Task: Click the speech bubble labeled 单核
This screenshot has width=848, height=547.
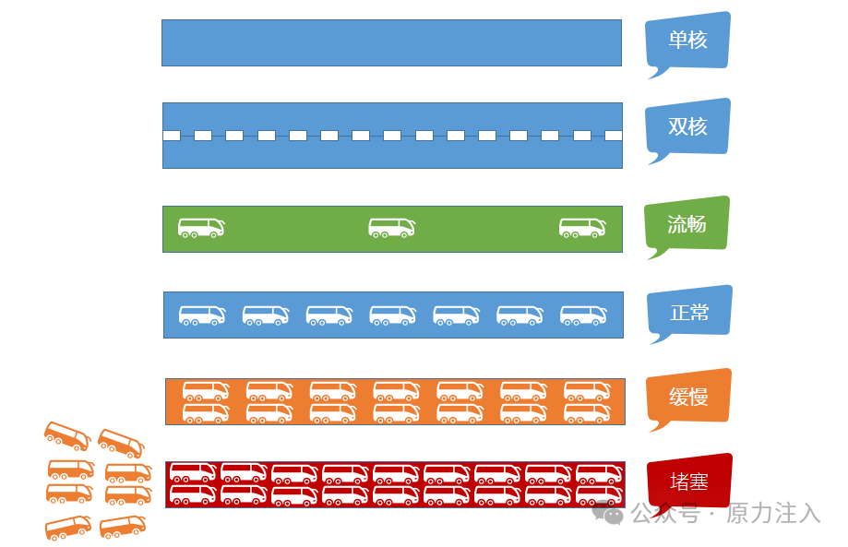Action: pyautogui.click(x=688, y=41)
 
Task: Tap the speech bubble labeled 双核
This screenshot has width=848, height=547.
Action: pyautogui.click(x=688, y=126)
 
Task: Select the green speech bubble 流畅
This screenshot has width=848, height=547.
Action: pyautogui.click(x=687, y=223)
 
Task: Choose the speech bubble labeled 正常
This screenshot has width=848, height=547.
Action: pyautogui.click(x=689, y=312)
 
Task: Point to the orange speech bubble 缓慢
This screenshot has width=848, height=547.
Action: pyautogui.click(x=688, y=397)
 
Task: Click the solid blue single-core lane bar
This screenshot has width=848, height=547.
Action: pyautogui.click(x=391, y=42)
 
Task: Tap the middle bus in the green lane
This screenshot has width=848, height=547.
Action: pyautogui.click(x=391, y=227)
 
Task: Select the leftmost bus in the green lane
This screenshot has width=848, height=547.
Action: pyautogui.click(x=201, y=227)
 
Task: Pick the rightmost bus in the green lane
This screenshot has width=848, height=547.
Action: pyautogui.click(x=582, y=227)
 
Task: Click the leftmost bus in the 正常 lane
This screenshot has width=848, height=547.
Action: pyautogui.click(x=202, y=315)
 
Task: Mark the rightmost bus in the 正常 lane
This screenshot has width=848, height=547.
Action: pyautogui.click(x=583, y=315)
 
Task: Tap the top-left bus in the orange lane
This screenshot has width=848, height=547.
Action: pyautogui.click(x=206, y=390)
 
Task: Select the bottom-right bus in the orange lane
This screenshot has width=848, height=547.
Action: pyautogui.click(x=587, y=412)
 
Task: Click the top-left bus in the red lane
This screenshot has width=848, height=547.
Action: pyautogui.click(x=193, y=473)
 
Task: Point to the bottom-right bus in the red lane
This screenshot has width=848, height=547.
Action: pyautogui.click(x=599, y=495)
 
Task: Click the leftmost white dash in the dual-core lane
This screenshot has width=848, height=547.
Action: pyautogui.click(x=172, y=136)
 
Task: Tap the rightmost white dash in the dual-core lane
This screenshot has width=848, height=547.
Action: pyautogui.click(x=614, y=136)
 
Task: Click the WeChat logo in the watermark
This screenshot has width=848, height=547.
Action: pyautogui.click(x=608, y=513)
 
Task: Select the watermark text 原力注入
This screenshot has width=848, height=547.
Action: pyautogui.click(x=773, y=513)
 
